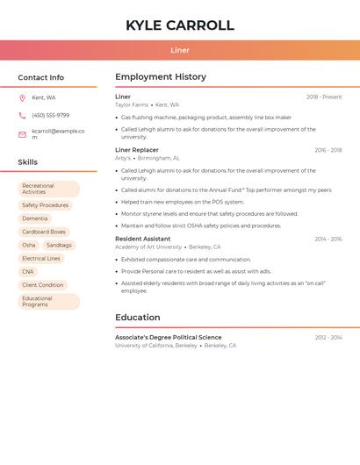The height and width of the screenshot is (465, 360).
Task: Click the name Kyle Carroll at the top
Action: [180, 25]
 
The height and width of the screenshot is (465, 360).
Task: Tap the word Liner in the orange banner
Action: [180, 51]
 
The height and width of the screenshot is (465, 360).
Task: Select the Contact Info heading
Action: [41, 77]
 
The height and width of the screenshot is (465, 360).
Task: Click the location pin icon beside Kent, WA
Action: [22, 98]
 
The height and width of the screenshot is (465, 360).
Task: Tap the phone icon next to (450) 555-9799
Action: [22, 116]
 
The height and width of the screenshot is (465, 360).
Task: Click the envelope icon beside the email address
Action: [22, 134]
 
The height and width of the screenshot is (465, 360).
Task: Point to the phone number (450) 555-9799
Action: [50, 116]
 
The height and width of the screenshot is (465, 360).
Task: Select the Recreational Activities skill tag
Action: [48, 189]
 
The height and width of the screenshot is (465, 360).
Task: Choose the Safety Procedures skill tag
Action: [45, 205]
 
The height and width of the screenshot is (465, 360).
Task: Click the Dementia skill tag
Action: [35, 218]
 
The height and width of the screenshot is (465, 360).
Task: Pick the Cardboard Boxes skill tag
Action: [44, 232]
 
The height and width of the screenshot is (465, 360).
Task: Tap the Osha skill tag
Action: [29, 246]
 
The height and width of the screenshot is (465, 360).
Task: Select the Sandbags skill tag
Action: [59, 246]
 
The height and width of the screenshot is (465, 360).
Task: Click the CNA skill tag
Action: [28, 272]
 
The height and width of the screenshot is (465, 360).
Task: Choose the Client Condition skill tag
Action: [43, 285]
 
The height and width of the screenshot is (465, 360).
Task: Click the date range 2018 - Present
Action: [324, 97]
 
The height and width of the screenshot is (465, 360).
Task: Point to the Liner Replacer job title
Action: [137, 150]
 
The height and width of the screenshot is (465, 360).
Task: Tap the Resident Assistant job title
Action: [142, 239]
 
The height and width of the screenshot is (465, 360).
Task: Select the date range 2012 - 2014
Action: [328, 338]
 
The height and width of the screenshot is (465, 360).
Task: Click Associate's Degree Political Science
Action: [168, 338]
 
